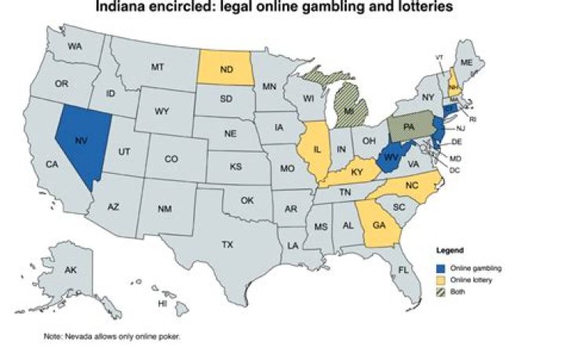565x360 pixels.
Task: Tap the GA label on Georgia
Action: pos(379,224)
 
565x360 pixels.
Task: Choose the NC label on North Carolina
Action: pos(411,185)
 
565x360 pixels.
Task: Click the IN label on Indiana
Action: pos(341,147)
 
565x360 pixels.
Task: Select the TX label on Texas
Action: pos(227,245)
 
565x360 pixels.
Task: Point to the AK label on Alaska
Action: pos(70,270)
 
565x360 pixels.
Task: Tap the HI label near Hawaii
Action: pos(162,303)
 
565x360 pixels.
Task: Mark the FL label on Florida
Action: pos(403,269)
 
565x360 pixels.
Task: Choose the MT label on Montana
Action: pos(157,68)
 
